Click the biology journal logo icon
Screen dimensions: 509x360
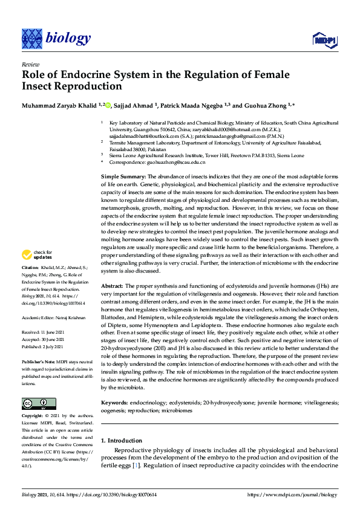[x=31, y=39]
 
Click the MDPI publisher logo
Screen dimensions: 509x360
[x=325, y=40]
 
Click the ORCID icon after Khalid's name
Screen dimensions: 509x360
[x=108, y=105]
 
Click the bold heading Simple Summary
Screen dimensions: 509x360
[x=123, y=176]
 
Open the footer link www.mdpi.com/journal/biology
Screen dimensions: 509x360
[x=292, y=494]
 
